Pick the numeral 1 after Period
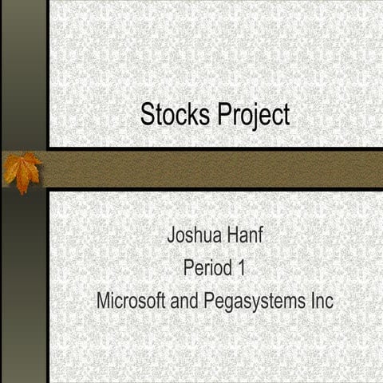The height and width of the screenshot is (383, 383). coord(240,268)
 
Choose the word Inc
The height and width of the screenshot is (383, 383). coord(320,302)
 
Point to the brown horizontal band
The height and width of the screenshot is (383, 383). coord(215,169)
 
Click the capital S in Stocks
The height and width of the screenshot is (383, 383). coord(147,114)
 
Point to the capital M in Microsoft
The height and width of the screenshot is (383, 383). coord(102,302)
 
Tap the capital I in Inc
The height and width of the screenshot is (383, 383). coord(309,302)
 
